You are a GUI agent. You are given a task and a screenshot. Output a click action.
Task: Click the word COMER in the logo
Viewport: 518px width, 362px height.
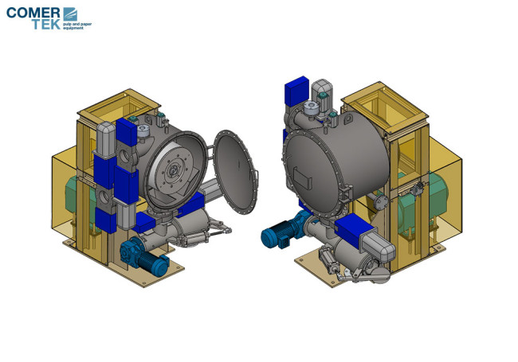[33, 13]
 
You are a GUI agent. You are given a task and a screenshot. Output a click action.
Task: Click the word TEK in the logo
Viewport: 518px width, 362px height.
[46, 24]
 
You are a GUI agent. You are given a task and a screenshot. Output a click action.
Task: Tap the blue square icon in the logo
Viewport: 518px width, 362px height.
[70, 14]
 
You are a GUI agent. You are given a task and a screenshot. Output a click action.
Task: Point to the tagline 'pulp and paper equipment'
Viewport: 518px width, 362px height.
[77, 26]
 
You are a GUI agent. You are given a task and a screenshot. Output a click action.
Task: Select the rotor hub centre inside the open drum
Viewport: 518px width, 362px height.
[172, 170]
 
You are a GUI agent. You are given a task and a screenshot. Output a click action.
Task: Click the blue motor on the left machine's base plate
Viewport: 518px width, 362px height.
[145, 256]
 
